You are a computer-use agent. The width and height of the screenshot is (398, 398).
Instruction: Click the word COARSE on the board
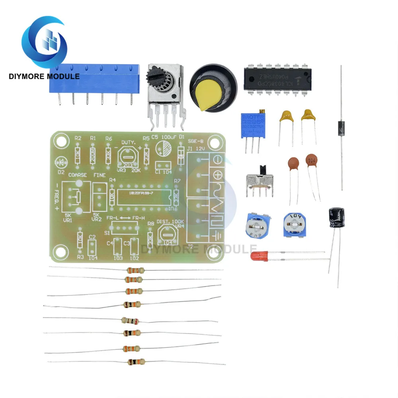[x=78, y=175]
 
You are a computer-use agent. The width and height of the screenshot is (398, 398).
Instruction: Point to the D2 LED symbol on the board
[x=61, y=162]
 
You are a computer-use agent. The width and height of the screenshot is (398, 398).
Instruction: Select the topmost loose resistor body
[x=134, y=270]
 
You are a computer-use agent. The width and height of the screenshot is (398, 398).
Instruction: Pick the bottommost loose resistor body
[x=135, y=362]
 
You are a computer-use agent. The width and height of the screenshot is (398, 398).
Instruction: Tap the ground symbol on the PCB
[x=218, y=236]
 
